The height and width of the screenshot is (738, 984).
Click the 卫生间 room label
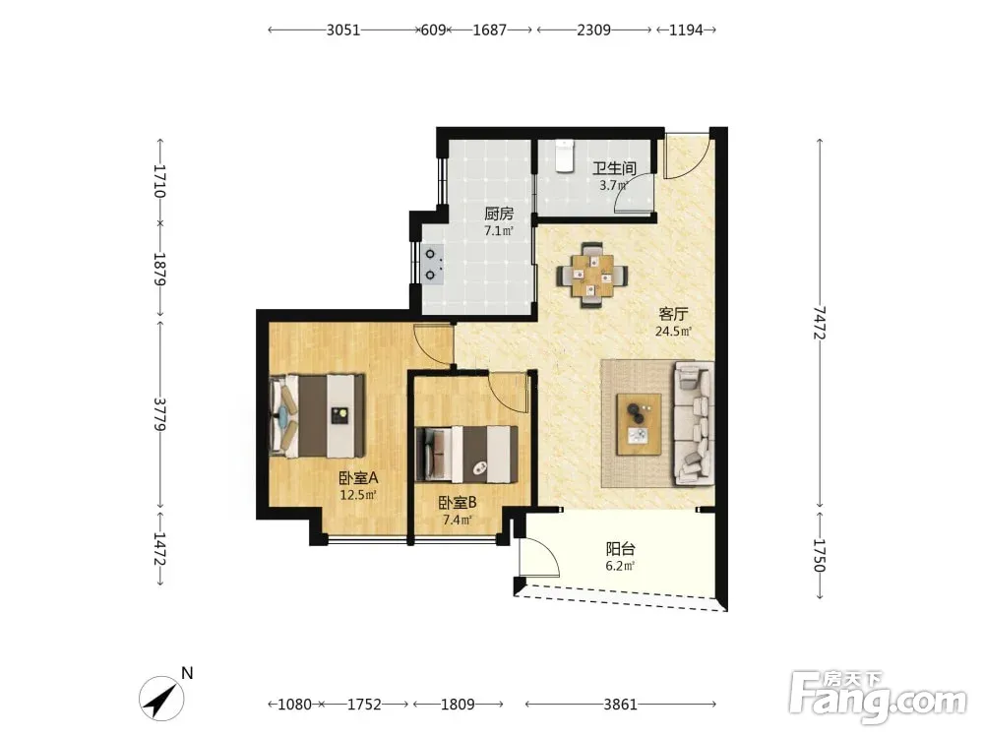coord(614,168)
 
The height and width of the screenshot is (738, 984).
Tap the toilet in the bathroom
coord(565,155)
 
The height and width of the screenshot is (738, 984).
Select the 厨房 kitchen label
coord(499,214)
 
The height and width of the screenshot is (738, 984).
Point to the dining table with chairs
coord(592,276)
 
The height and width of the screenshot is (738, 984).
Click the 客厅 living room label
coord(673,314)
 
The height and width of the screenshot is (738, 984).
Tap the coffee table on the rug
coord(639,424)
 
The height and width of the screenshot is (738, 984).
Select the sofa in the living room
coord(694,423)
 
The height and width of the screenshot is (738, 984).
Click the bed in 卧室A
coord(318,415)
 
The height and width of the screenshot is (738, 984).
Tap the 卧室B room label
coord(458,503)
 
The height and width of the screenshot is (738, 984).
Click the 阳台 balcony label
coord(620,549)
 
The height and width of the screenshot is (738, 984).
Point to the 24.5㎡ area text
coord(673,332)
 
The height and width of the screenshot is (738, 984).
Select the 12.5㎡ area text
coord(358,495)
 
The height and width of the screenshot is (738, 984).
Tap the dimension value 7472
coord(819,323)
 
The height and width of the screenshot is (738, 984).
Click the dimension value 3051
coord(343,30)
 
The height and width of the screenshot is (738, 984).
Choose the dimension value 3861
coord(621,705)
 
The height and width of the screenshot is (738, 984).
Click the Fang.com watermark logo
coord(878,696)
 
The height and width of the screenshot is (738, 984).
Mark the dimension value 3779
coord(159,413)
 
